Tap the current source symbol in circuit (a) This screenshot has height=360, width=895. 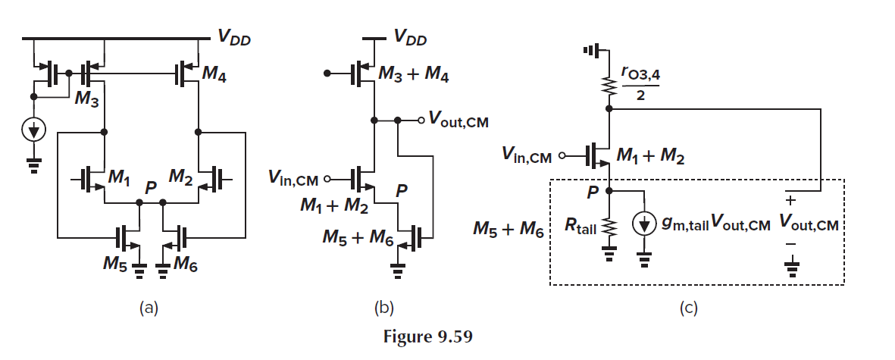point(33,130)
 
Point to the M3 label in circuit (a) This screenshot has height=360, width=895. point(85,101)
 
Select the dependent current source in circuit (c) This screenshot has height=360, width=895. point(643,224)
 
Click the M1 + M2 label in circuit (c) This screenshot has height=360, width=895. point(651,157)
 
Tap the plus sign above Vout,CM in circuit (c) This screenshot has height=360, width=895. point(792,202)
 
